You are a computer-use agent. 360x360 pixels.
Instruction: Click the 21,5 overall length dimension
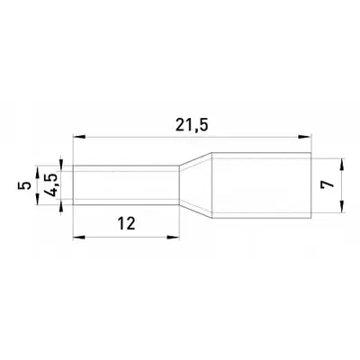click(x=192, y=126)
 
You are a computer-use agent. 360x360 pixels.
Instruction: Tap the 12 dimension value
click(x=127, y=223)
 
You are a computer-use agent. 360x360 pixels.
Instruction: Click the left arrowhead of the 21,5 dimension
click(x=79, y=137)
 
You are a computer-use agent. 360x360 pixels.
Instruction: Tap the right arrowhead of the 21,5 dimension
click(x=305, y=137)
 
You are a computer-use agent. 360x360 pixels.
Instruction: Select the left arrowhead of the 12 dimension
click(x=79, y=238)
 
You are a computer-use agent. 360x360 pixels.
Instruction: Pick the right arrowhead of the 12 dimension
click(x=174, y=238)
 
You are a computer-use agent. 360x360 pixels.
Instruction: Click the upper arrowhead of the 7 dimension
click(x=342, y=164)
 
